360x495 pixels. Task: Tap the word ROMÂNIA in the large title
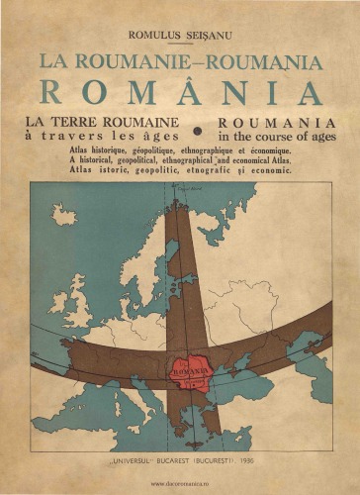pos(181,92)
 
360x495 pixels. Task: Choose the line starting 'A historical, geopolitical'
pos(179,159)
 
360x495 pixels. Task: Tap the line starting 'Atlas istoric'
pos(179,169)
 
